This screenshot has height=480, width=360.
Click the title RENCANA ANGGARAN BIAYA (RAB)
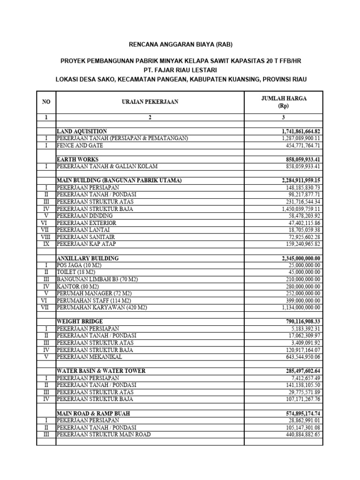coord(180,45)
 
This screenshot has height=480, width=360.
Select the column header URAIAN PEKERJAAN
coord(150,101)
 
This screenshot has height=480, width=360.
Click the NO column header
coord(46,101)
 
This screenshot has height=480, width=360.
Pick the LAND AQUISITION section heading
coord(82,131)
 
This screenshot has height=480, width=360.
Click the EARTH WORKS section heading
coord(77,159)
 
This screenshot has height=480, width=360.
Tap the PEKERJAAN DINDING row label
coord(85,216)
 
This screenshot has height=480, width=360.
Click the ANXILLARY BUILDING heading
coord(87,258)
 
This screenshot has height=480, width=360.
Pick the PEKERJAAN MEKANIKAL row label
coord(89,357)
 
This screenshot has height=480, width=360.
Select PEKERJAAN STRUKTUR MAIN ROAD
coord(104,434)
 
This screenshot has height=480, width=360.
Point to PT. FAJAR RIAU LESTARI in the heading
coord(180,70)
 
